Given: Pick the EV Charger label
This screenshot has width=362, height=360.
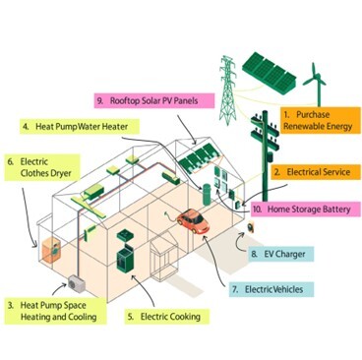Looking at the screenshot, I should pyautogui.click(x=283, y=255).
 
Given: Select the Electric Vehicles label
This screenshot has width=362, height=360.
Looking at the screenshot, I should pyautogui.click(x=268, y=290).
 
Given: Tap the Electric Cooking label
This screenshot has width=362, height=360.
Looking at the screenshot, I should pyautogui.click(x=163, y=317).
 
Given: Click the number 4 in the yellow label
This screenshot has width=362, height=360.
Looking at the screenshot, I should pyautogui.click(x=26, y=127).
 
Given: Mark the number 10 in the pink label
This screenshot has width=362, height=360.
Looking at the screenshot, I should pyautogui.click(x=258, y=209).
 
